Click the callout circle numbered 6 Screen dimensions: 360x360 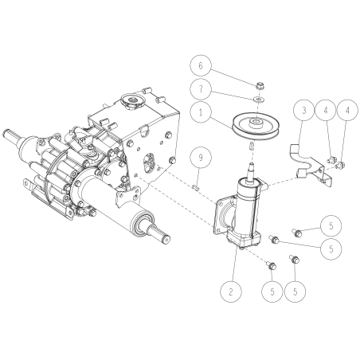(x=201, y=65)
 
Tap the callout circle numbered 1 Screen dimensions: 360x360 (x=201, y=113)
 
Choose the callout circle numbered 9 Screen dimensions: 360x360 (x=201, y=159)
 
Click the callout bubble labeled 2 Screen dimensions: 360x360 (x=231, y=291)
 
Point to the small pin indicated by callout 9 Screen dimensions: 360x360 (x=195, y=186)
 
